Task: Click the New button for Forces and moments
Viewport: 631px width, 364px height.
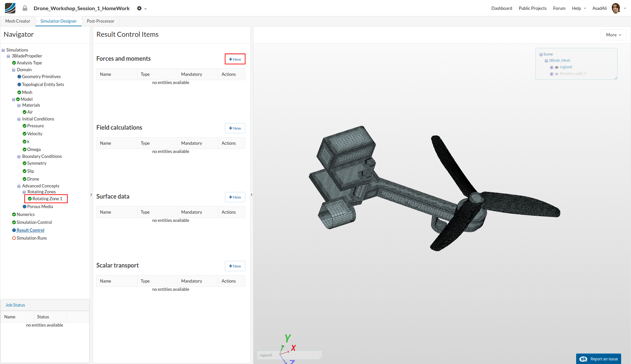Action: (235, 59)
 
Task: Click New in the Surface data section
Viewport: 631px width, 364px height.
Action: (235, 197)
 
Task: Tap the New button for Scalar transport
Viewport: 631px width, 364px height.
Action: (235, 266)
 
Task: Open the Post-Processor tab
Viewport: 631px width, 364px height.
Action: (101, 21)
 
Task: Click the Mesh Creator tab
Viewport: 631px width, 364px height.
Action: (18, 21)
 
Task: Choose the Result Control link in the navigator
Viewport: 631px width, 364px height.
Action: (30, 230)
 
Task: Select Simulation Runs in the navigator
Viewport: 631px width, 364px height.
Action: (32, 238)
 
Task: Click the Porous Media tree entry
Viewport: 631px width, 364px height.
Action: (40, 206)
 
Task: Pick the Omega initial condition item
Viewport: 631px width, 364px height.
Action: (34, 149)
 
